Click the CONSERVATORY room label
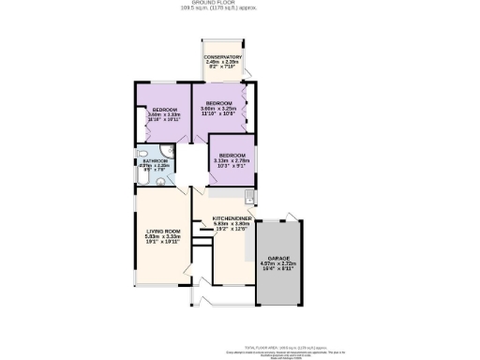click(223, 57)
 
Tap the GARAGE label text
click(277, 256)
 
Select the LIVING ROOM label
click(162, 230)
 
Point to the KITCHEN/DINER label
click(218, 219)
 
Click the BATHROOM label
click(156, 160)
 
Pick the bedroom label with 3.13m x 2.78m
click(232, 154)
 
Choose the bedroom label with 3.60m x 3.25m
click(219, 103)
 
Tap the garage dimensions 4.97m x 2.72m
click(277, 262)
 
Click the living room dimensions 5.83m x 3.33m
click(162, 236)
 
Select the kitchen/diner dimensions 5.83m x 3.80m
click(218, 226)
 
